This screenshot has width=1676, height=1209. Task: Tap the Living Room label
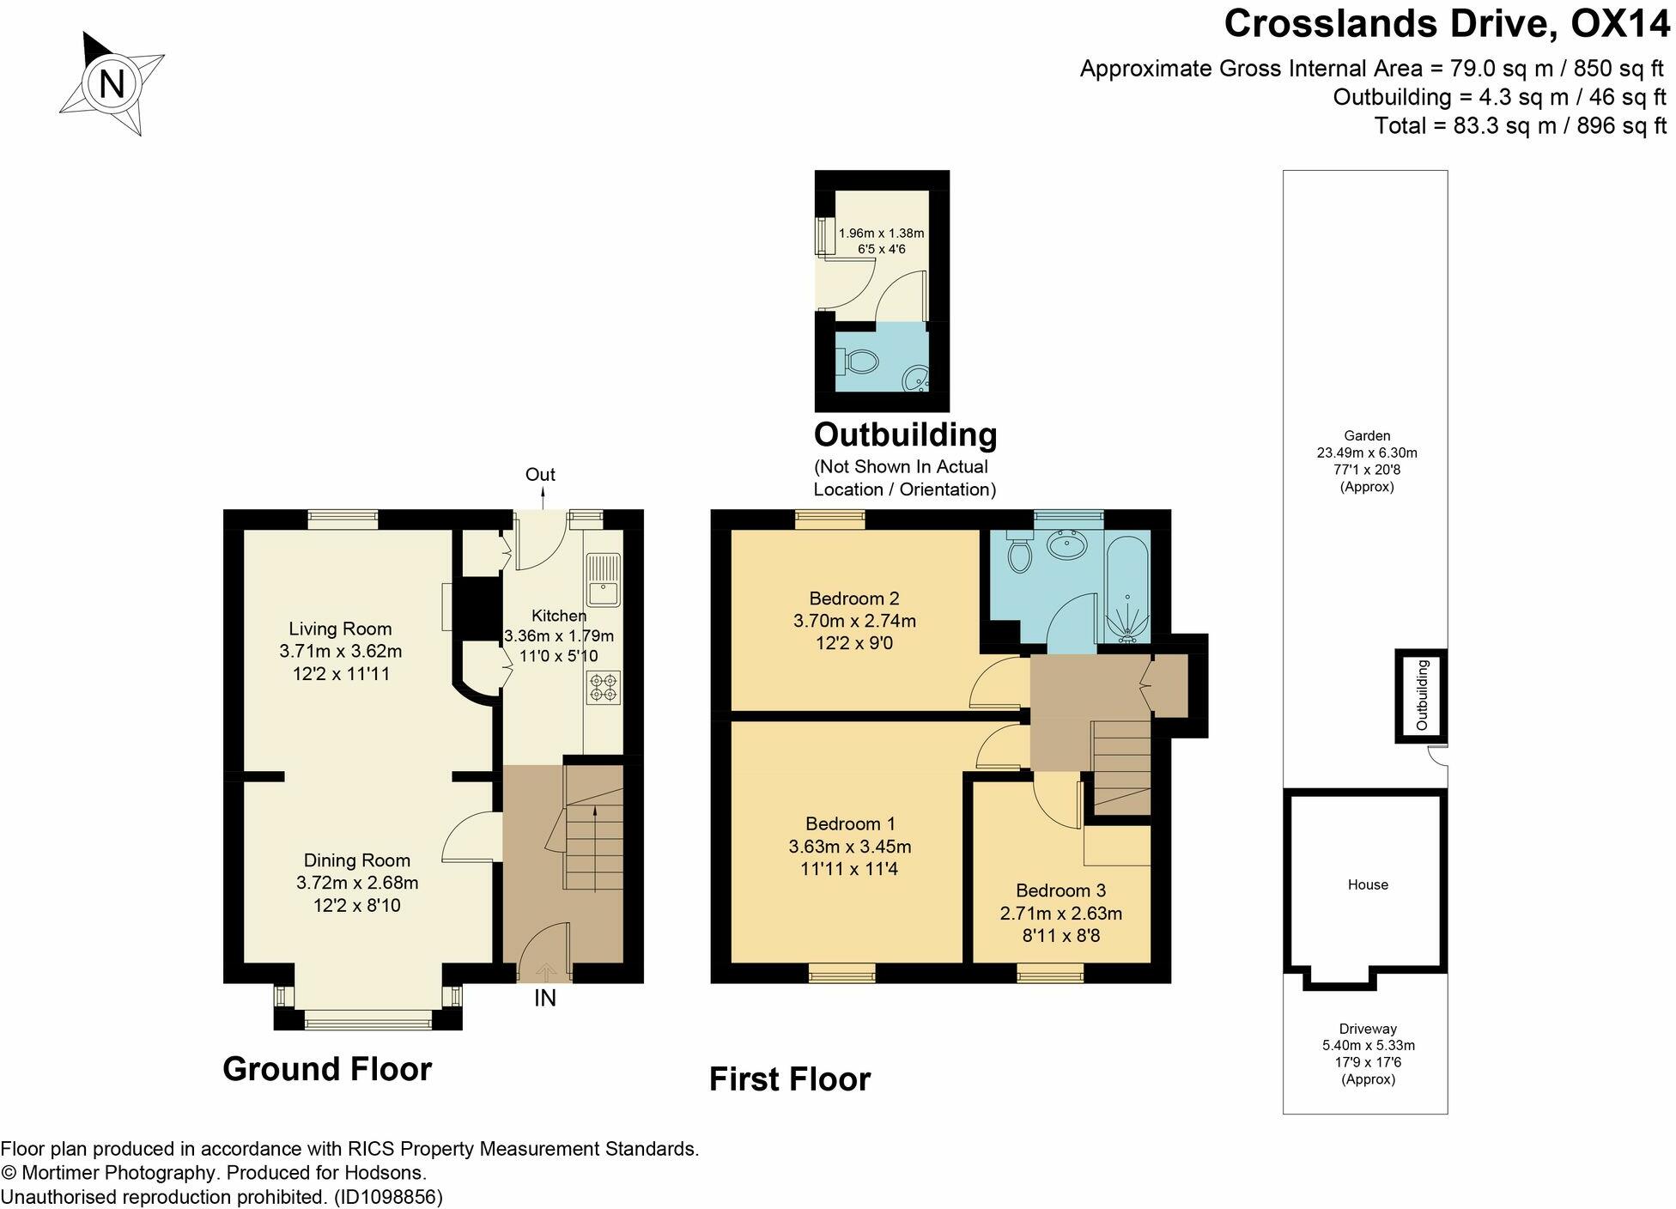340,629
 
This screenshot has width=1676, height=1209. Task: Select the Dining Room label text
357,860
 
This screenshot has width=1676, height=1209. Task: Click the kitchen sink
604,580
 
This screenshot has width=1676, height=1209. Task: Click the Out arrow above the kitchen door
542,498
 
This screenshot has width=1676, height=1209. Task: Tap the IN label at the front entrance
545,998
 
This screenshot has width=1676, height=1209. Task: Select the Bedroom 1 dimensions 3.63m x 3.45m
850,847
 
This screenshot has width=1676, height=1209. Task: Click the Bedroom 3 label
1060,890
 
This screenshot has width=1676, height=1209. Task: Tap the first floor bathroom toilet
1019,551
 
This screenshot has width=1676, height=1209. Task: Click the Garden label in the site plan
1367,436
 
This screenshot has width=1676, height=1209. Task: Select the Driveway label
1368,1029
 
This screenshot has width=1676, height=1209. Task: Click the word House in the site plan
1368,884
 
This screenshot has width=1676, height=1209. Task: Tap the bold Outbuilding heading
905,434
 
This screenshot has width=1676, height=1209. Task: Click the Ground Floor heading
327,1069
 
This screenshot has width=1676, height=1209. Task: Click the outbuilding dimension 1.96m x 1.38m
882,233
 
